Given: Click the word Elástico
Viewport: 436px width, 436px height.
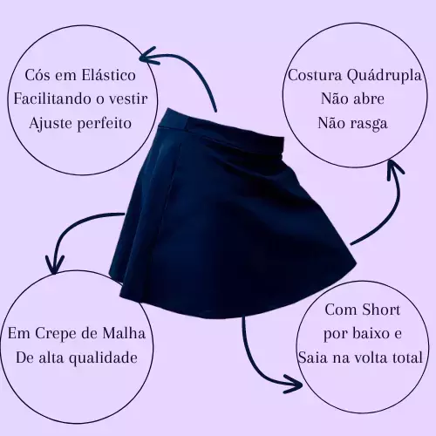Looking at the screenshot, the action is [108, 75].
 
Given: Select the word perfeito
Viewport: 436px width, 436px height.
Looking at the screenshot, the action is [105, 123].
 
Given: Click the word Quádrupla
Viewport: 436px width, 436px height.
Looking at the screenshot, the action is [384, 76].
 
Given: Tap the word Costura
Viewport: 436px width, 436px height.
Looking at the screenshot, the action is [315, 75].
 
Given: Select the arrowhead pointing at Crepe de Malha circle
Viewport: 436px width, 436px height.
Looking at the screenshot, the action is [55, 265].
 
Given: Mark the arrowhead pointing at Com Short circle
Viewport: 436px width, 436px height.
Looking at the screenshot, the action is [294, 385].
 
